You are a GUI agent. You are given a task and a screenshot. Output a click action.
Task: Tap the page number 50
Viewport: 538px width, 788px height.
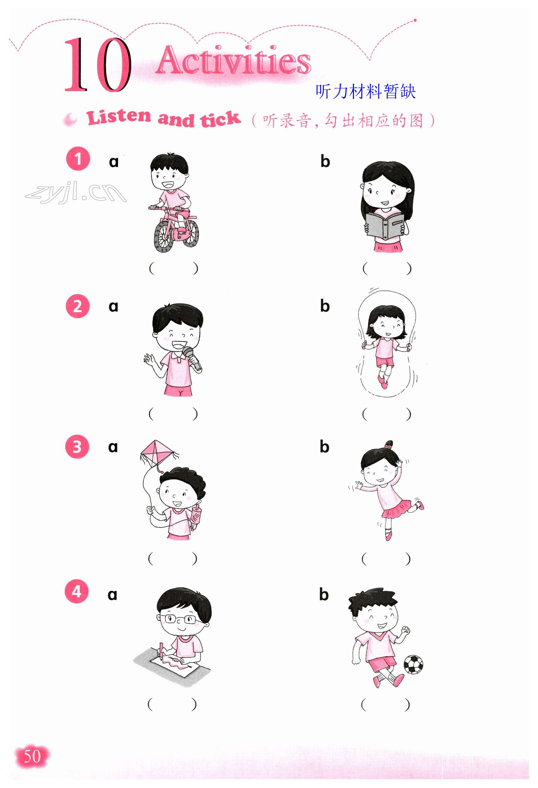tap(32, 756)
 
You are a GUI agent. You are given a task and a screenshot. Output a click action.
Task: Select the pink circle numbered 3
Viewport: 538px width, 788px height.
tap(77, 447)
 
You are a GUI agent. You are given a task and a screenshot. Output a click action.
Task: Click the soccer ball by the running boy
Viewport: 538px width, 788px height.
tap(413, 664)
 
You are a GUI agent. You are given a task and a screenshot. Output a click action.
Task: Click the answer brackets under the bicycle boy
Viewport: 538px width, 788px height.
tap(173, 268)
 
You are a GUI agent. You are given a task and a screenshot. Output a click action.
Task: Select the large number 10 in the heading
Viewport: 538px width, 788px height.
tap(98, 64)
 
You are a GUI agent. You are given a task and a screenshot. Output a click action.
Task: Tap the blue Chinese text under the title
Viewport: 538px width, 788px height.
tap(365, 91)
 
